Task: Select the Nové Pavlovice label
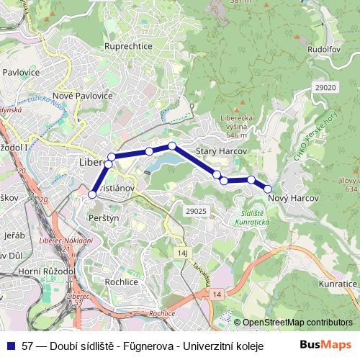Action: click(82, 95)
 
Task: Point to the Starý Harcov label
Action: click(222, 151)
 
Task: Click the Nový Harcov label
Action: click(292, 197)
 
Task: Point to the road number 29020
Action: click(325, 87)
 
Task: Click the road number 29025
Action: click(195, 211)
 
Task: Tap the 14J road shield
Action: click(183, 253)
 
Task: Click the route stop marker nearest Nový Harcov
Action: click(268, 189)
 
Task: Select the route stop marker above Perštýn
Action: click(92, 194)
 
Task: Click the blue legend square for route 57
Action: click(10, 345)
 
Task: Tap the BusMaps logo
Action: click(330, 344)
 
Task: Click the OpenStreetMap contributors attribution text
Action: click(297, 323)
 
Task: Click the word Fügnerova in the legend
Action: click(147, 345)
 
